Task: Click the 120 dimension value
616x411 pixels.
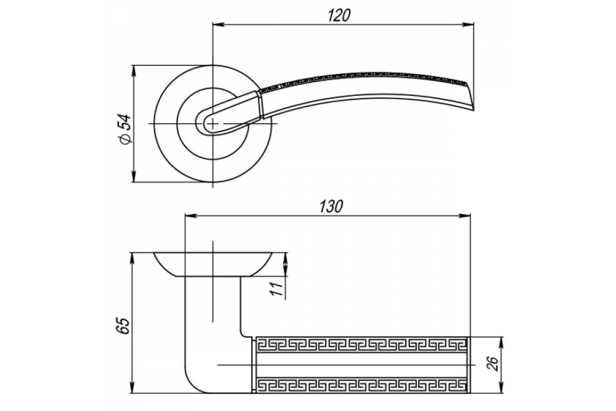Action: pos(339,15)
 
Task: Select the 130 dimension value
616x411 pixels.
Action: pos(331,207)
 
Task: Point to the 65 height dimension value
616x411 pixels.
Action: pos(123,326)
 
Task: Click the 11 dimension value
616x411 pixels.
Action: pos(276,289)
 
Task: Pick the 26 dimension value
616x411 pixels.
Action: pos(492,364)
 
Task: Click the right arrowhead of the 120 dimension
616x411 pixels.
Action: pos(468,25)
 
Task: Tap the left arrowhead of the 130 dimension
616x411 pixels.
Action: pos(191,216)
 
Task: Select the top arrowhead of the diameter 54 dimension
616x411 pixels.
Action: pos(134,71)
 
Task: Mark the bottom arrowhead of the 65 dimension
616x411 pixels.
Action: pos(132,387)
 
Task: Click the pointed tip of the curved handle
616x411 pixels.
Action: pos(473,109)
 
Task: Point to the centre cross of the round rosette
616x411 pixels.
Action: pos(213,124)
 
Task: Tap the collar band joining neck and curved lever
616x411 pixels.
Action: pos(260,105)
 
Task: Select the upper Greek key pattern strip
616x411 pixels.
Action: pos(361,345)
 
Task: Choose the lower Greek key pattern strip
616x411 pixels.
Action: pos(361,385)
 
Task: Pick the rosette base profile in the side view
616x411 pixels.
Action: pos(213,264)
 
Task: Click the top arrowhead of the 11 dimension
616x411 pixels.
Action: pos(285,258)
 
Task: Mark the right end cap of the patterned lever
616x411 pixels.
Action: pos(469,365)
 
